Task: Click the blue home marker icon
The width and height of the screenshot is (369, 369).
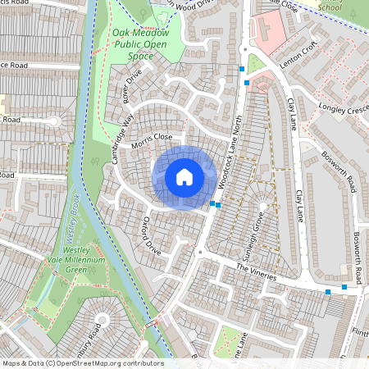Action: pos(184,177)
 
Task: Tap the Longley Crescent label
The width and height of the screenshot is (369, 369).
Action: pos(339,107)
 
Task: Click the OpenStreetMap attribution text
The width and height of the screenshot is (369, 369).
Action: pos(82,363)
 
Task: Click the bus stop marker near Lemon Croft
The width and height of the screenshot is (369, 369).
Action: pos(247,83)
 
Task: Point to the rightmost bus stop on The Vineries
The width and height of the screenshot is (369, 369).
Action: pos(344,287)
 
